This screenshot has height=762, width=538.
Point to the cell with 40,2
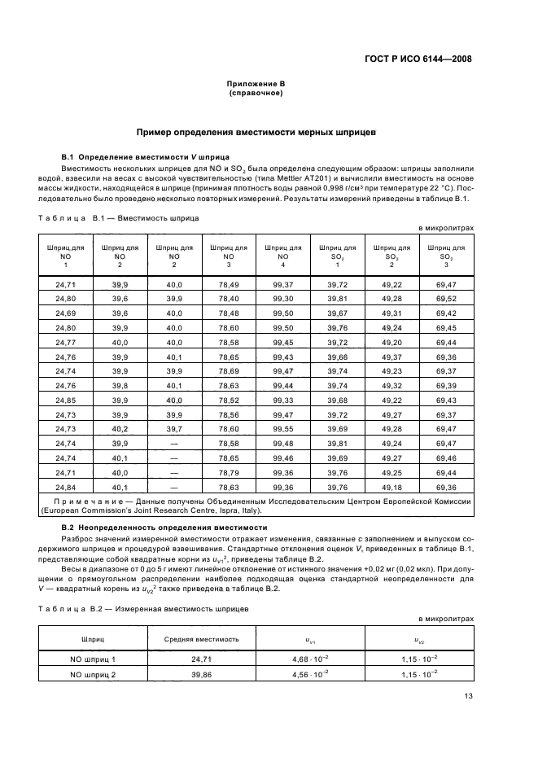point(120,428)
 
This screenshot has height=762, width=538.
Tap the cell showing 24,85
point(65,399)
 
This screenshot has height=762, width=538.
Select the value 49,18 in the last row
point(391,487)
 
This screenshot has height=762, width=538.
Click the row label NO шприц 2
point(92,675)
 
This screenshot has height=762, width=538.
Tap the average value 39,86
point(201,675)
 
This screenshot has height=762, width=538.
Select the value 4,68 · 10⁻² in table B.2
point(310,659)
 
